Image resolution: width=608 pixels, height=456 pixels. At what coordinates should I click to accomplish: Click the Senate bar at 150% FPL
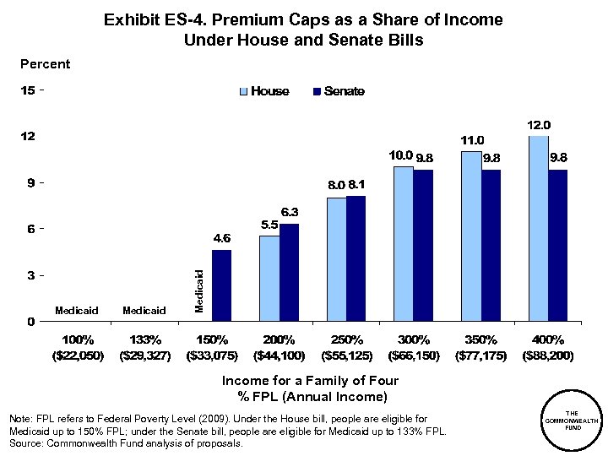[221, 285]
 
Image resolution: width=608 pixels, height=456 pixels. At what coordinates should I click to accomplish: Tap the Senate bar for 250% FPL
[356, 258]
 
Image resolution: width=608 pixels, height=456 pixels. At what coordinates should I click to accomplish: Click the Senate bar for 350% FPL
[491, 245]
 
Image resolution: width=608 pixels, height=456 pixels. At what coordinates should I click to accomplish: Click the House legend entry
[265, 91]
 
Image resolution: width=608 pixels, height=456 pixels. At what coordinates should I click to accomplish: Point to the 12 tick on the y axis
[28, 137]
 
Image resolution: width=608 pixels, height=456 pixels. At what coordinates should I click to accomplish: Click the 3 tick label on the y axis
[30, 275]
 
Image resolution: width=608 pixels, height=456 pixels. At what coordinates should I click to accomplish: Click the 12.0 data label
[540, 125]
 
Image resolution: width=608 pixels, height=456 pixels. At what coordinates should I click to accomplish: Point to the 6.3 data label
[290, 212]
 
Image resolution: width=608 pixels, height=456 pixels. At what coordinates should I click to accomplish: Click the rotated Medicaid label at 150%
[199, 290]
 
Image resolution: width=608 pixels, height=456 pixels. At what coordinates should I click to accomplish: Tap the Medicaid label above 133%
[144, 311]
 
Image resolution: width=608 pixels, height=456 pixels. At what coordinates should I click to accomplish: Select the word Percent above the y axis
[45, 64]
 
